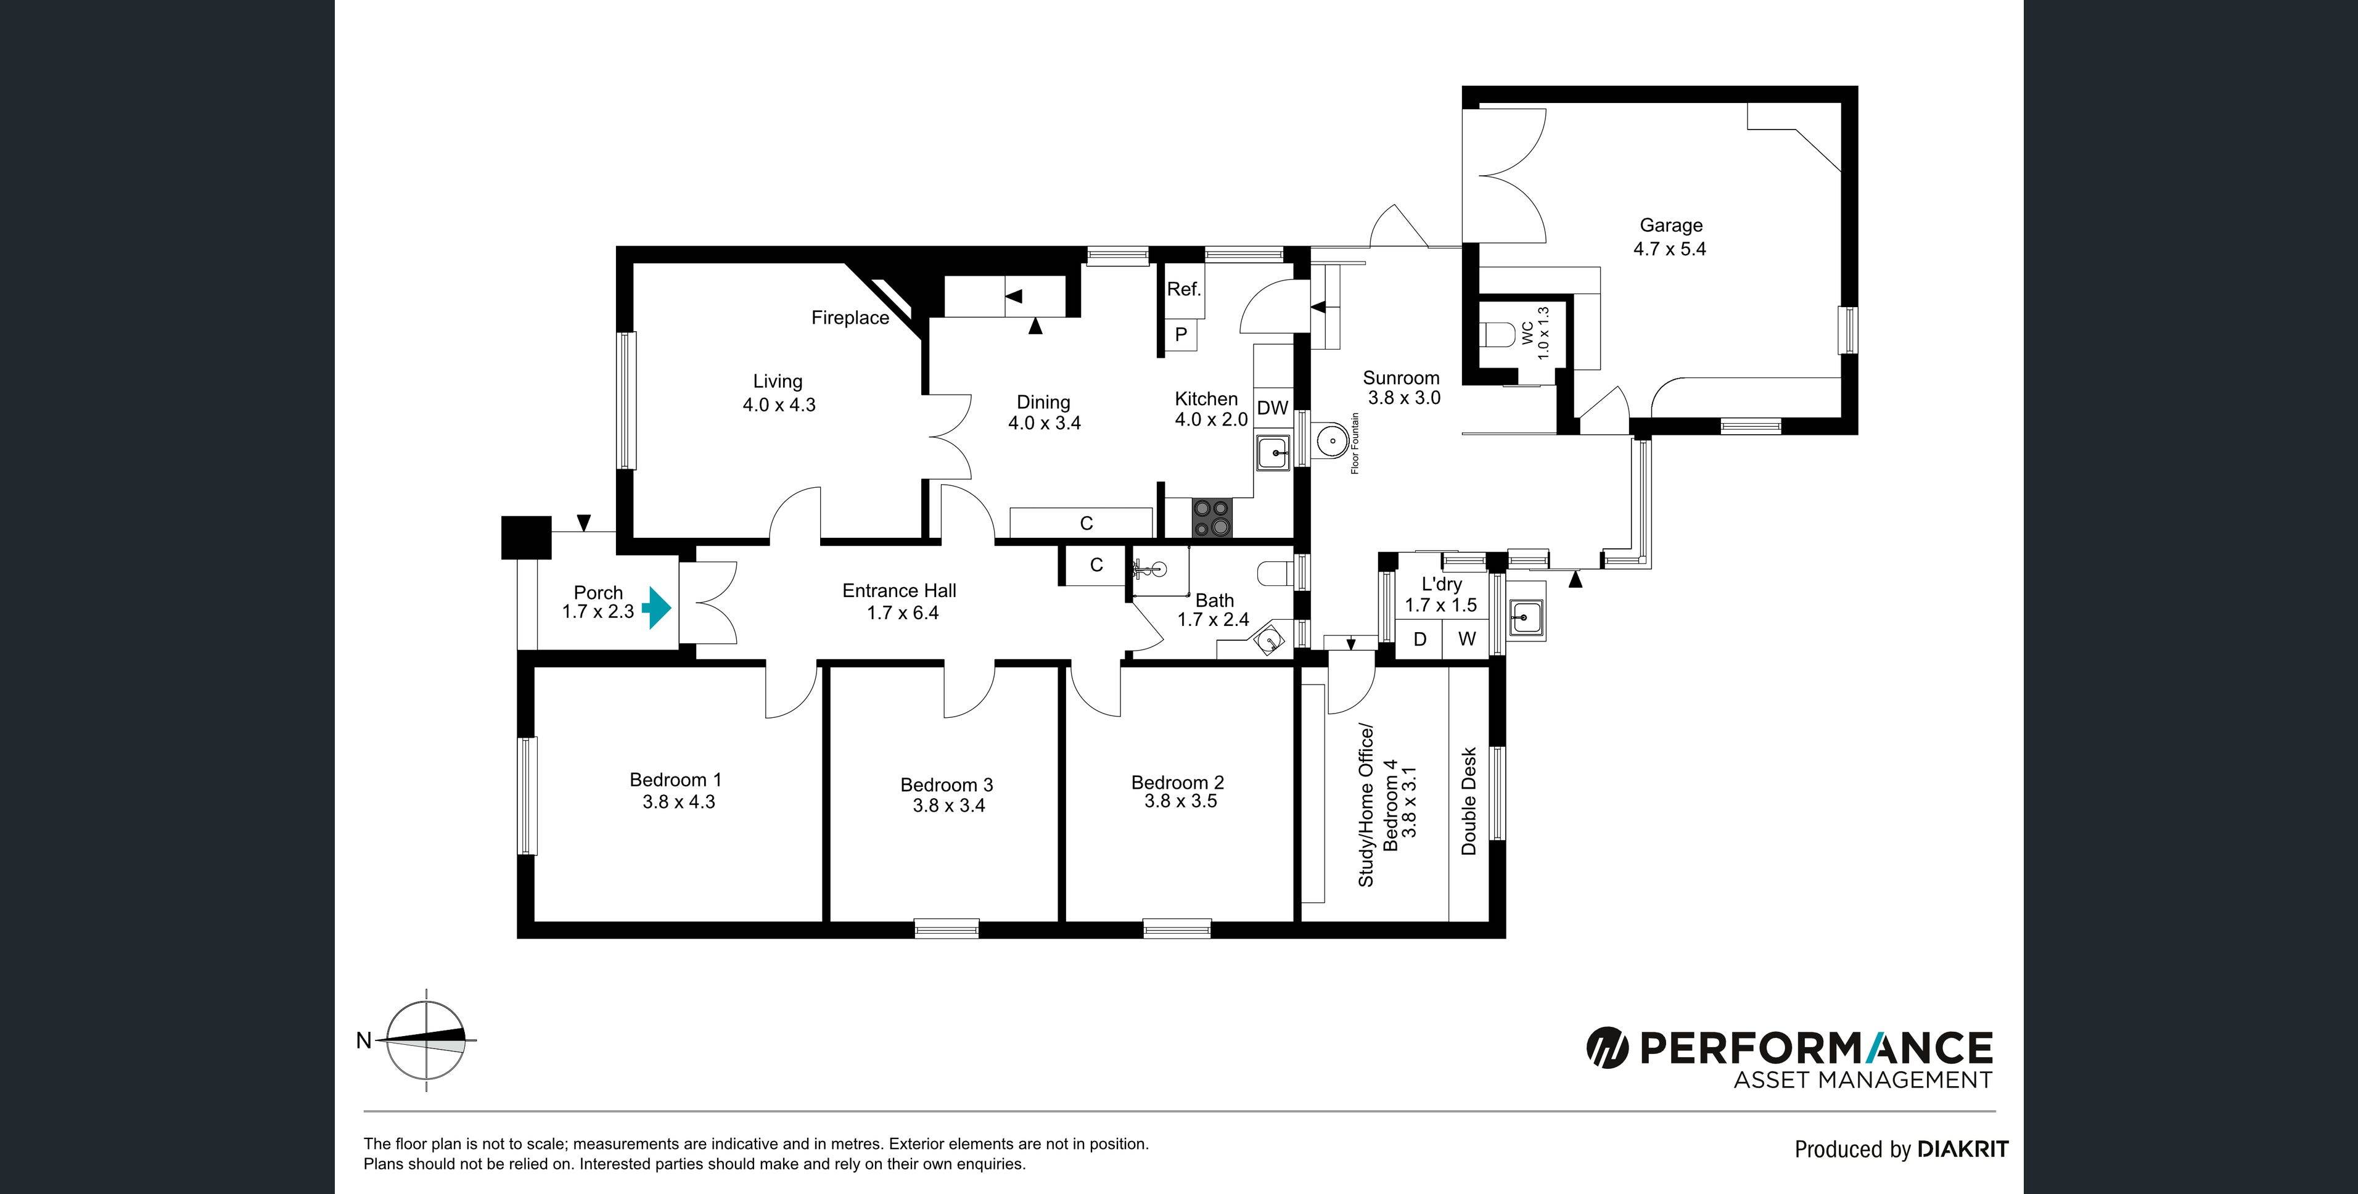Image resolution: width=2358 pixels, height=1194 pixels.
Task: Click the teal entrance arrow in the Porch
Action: pyautogui.click(x=656, y=608)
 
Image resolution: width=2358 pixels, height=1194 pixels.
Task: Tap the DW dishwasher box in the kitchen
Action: pyautogui.click(x=1271, y=408)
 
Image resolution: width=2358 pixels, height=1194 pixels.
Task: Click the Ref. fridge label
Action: pyautogui.click(x=1183, y=289)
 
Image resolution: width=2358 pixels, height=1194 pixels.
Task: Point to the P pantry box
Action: pyautogui.click(x=1181, y=335)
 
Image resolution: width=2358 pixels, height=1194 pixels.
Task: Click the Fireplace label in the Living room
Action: pyautogui.click(x=850, y=318)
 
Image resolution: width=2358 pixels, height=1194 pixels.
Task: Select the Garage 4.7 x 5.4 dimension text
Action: pyautogui.click(x=1670, y=249)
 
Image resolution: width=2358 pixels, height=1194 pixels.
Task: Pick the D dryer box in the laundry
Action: pyautogui.click(x=1419, y=639)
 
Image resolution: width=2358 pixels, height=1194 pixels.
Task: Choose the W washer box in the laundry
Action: pyautogui.click(x=1466, y=639)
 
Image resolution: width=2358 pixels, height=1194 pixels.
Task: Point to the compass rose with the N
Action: pyautogui.click(x=425, y=1040)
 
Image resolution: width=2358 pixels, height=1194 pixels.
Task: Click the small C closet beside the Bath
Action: pyautogui.click(x=1096, y=565)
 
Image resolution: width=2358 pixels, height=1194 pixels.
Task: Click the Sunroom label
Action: pyautogui.click(x=1400, y=378)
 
